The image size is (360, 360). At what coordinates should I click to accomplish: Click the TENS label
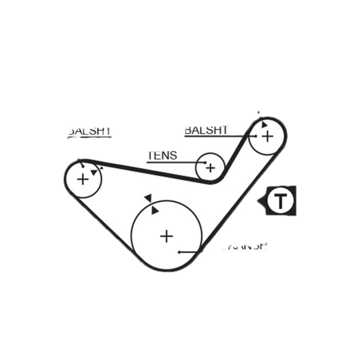(162, 156)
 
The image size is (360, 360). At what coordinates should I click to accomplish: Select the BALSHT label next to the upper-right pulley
(206, 130)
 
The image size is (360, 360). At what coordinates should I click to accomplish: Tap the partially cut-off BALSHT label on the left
(89, 131)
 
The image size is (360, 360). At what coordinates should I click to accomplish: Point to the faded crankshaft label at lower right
(245, 247)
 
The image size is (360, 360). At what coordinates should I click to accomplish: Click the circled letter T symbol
(280, 201)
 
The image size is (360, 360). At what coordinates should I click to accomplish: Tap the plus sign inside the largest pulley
(166, 236)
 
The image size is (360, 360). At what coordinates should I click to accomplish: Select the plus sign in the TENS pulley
(210, 168)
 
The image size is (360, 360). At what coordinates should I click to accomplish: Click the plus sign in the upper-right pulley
(267, 136)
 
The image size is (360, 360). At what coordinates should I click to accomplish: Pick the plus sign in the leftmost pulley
(83, 180)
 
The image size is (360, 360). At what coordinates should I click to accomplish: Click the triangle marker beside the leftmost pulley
(94, 172)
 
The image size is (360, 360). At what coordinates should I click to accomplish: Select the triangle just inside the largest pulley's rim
(155, 210)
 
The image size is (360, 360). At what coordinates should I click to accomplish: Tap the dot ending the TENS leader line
(205, 162)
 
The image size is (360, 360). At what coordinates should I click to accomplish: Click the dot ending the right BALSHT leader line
(255, 135)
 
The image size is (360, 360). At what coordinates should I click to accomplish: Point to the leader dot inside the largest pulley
(179, 252)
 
